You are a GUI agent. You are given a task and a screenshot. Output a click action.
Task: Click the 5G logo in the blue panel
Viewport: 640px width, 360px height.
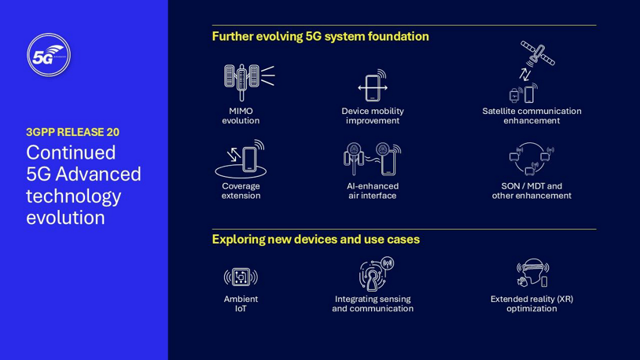tap(49, 55)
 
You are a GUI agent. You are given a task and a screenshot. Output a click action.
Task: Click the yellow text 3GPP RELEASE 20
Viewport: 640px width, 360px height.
tap(72, 132)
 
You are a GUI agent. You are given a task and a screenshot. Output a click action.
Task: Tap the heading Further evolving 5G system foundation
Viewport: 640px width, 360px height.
tap(320, 36)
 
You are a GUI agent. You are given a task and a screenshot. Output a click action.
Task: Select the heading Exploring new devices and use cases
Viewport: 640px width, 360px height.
tap(315, 239)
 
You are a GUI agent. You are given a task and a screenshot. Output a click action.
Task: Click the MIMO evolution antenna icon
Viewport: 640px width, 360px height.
tap(248, 79)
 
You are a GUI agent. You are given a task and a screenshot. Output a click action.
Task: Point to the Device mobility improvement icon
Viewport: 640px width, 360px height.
tap(373, 86)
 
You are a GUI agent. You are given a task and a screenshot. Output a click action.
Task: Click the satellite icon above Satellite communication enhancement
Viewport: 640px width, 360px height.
tap(537, 54)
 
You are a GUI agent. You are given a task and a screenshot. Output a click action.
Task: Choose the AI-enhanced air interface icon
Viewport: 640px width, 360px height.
tap(372, 159)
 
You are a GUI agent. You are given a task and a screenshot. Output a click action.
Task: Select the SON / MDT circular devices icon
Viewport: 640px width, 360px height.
tap(531, 159)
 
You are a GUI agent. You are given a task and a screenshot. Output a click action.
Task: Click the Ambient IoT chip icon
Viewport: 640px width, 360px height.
tap(241, 277)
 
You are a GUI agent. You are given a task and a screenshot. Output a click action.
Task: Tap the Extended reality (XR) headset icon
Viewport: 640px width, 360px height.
tap(532, 274)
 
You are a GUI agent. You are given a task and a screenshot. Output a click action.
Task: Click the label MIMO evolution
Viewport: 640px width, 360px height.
tap(241, 116)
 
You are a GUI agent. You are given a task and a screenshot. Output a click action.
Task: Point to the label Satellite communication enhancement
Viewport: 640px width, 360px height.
tap(531, 116)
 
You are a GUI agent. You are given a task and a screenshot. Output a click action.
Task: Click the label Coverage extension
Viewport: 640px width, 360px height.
tap(241, 191)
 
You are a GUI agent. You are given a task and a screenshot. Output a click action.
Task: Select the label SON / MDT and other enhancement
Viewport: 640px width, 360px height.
tap(531, 191)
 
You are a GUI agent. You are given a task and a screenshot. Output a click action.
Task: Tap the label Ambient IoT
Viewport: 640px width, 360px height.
tap(241, 303)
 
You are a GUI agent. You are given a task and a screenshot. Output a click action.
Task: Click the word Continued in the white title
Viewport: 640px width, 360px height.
tap(71, 152)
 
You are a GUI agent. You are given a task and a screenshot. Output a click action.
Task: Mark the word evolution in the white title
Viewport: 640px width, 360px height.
tap(65, 217)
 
